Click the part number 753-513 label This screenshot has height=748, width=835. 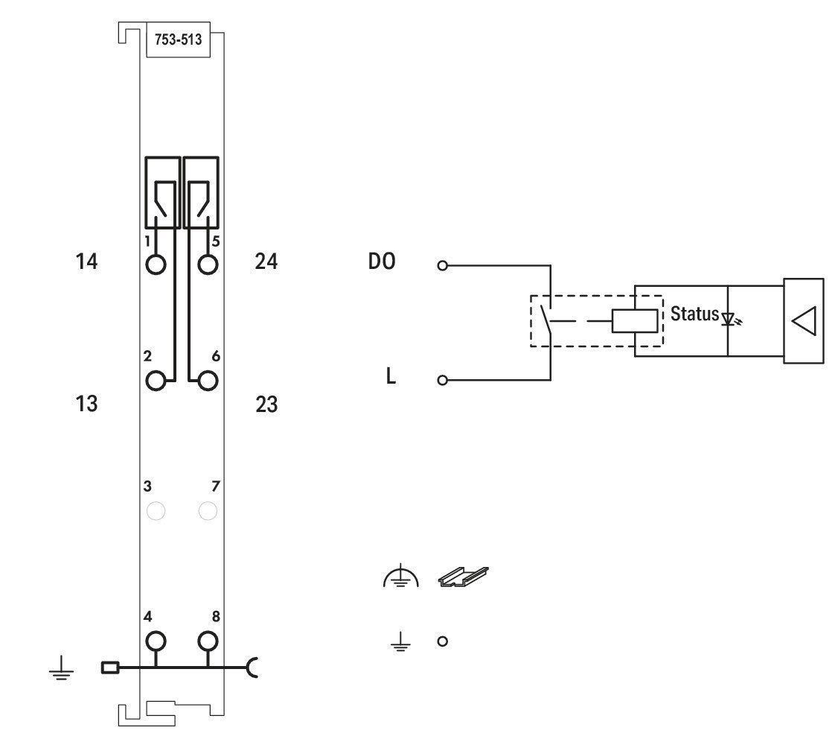179,39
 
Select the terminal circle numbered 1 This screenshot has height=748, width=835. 156,264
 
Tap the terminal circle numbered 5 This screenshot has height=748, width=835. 208,264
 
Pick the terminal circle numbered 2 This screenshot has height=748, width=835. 156,381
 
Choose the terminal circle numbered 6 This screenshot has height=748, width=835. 208,381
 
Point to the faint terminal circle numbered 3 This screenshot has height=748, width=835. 156,511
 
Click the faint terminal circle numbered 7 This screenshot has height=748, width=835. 208,511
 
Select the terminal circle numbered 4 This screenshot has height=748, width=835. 156,641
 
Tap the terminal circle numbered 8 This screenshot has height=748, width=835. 208,641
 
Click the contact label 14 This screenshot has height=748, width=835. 86,262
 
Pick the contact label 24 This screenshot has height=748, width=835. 266,262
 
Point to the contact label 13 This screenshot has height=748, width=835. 86,404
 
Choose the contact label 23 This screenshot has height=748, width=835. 266,405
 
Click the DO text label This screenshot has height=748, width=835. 382,262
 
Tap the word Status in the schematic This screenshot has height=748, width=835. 694,314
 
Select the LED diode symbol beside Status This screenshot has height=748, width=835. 731,320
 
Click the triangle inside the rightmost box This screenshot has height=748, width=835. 804,322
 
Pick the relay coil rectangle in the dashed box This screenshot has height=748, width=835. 634,321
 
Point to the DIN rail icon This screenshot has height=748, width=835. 464,577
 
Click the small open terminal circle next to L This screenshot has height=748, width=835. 443,380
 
